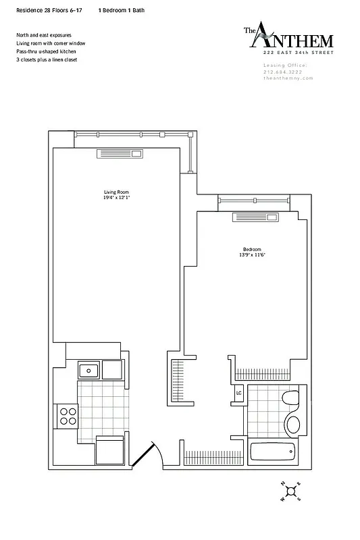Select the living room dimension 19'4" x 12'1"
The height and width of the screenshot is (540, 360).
pos(117,198)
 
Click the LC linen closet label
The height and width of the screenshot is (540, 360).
pos(238,393)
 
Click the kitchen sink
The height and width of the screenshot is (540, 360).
pos(88,370)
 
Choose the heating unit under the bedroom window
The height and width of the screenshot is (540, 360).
pos(255,217)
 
